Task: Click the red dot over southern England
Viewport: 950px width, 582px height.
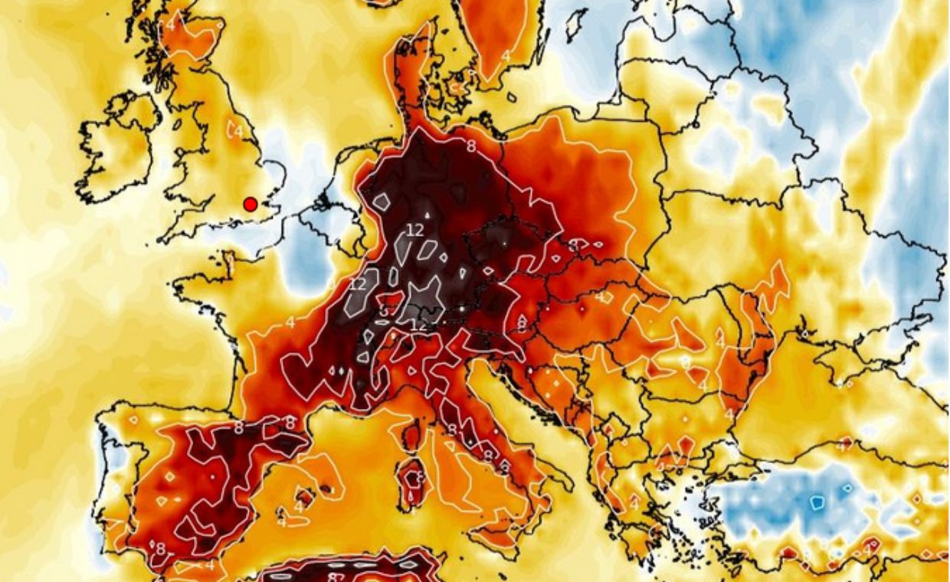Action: [250, 204]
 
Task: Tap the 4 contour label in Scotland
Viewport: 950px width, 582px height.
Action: [170, 24]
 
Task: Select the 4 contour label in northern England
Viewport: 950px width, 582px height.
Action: [238, 132]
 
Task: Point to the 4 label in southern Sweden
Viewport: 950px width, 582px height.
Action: [506, 55]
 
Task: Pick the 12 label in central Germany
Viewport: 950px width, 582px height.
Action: [415, 230]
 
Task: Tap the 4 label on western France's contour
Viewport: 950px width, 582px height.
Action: [290, 322]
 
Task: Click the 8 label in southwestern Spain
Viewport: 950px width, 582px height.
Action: [160, 548]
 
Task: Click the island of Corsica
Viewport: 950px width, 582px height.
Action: [411, 436]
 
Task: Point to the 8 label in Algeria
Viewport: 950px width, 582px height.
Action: [335, 576]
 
